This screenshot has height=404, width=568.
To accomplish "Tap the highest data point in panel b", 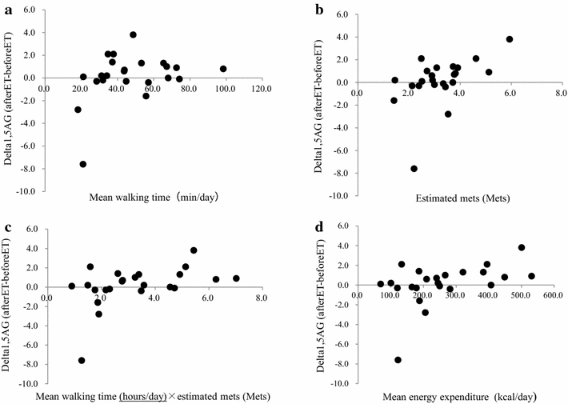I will coord(510,39).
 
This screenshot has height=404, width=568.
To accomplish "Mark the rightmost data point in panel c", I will coord(236,278).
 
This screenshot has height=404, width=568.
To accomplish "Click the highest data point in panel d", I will coord(522,247).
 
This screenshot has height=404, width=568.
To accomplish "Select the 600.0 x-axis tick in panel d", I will coord(551,296).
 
